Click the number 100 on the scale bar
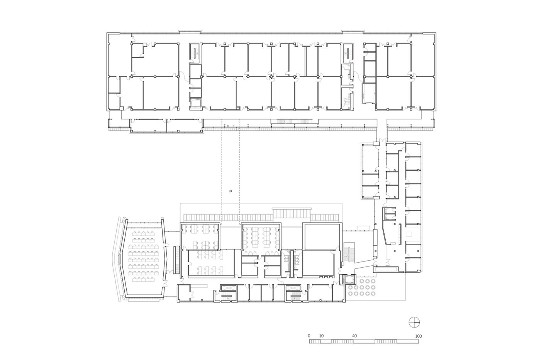[x=419, y=336]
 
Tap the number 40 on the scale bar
[x=354, y=336]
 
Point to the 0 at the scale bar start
[x=309, y=336]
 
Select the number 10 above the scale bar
[x=321, y=336]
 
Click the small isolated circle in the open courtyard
[x=231, y=191]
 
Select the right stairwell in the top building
[x=348, y=53]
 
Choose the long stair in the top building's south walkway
[x=293, y=121]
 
